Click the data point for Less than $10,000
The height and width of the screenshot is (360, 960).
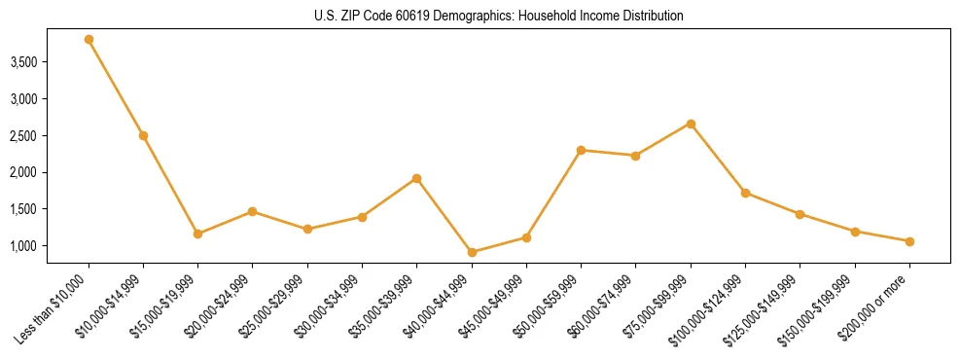[89, 40]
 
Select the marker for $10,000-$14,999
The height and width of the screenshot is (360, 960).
[143, 135]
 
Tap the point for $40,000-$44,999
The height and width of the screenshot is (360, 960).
[472, 252]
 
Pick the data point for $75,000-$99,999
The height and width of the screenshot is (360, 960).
[691, 124]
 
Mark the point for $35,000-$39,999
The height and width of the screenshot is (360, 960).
[416, 178]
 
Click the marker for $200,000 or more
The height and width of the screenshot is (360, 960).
[909, 241]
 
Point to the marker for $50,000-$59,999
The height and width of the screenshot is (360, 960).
[581, 150]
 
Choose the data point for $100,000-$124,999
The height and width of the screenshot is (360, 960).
[745, 193]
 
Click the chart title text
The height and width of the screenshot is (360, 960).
[480, 16]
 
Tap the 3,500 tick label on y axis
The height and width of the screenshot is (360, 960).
[51, 62]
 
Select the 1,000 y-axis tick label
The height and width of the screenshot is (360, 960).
[51, 246]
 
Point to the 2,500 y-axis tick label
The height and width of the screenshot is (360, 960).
[51, 136]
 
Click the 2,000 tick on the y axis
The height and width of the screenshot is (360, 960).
[51, 172]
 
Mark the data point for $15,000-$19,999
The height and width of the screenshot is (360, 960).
[197, 234]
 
